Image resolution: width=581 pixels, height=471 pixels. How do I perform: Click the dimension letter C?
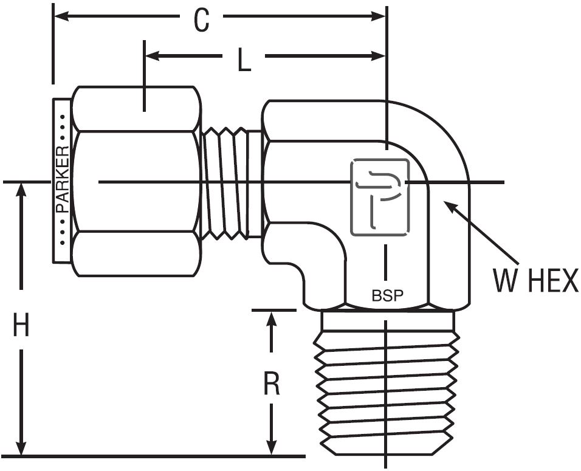point(201,21)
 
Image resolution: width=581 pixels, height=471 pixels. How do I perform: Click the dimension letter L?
point(244,60)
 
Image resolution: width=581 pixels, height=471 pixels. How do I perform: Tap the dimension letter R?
point(272,383)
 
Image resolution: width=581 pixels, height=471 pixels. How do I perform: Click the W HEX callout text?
point(535,281)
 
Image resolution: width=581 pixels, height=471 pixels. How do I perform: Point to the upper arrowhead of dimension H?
point(22,188)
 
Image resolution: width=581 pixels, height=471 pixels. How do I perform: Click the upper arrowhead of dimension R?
point(272,317)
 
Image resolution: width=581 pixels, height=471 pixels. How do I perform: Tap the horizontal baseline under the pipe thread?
point(152,456)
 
